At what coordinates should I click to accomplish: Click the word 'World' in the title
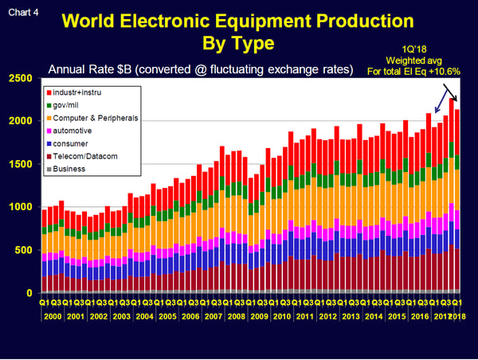117,20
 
